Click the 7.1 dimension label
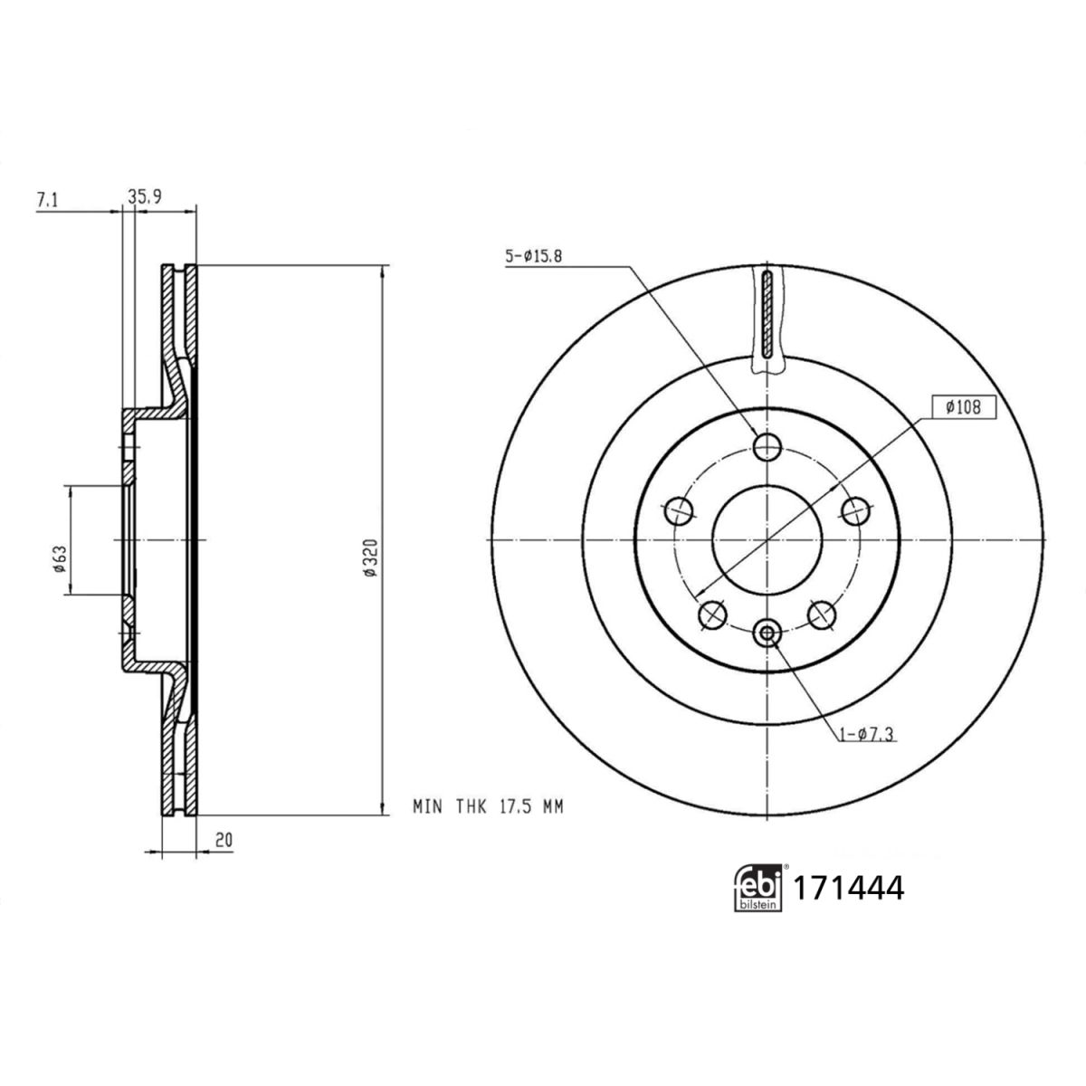point(47,200)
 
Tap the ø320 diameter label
point(370,557)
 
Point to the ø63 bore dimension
point(60,559)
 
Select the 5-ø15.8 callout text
point(534,257)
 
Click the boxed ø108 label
point(964,407)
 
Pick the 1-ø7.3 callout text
point(868,734)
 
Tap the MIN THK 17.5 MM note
point(488,807)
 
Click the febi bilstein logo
point(758,887)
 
